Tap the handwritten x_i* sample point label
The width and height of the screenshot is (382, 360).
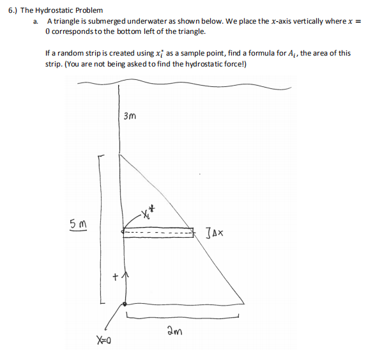click(x=148, y=211)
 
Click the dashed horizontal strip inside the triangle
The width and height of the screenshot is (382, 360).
click(x=158, y=233)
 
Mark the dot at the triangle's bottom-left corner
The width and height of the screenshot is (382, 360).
click(x=123, y=304)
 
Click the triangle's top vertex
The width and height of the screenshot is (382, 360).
click(x=120, y=152)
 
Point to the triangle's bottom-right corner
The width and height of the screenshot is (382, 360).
click(x=244, y=303)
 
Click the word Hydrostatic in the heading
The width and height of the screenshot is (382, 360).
click(x=57, y=11)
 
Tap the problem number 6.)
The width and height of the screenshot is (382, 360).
click(x=11, y=11)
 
